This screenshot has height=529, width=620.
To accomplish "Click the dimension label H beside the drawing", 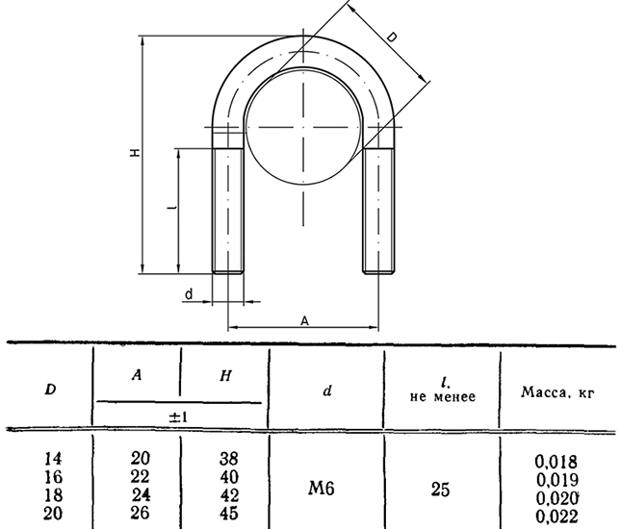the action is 136,152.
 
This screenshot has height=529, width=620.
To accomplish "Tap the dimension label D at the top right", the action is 392,38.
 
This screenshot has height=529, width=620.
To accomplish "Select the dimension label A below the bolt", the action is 304,321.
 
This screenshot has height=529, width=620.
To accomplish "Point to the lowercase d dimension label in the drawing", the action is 189,294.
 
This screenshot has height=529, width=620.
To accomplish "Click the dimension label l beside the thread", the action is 171,207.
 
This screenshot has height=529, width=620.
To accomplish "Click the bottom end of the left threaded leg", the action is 228,272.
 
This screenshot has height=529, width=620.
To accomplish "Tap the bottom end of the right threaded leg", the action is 378,272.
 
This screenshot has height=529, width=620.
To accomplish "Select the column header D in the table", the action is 50,390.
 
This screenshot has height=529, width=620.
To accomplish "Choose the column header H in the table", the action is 225,376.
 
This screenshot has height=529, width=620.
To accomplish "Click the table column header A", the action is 137,375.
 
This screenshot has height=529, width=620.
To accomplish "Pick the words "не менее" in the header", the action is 443,396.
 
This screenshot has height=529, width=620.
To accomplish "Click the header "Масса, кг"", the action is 557,391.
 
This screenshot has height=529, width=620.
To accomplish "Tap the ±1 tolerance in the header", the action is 179,417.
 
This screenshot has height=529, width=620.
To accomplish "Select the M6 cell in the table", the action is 322,489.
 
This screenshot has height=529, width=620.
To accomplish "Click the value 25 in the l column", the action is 441,490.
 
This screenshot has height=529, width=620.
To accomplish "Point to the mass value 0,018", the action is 555,461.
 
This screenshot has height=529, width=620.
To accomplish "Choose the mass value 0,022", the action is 557,516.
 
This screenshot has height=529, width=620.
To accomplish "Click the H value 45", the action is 229,513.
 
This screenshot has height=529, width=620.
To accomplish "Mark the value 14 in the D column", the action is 53,459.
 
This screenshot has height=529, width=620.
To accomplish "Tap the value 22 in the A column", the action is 141,476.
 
